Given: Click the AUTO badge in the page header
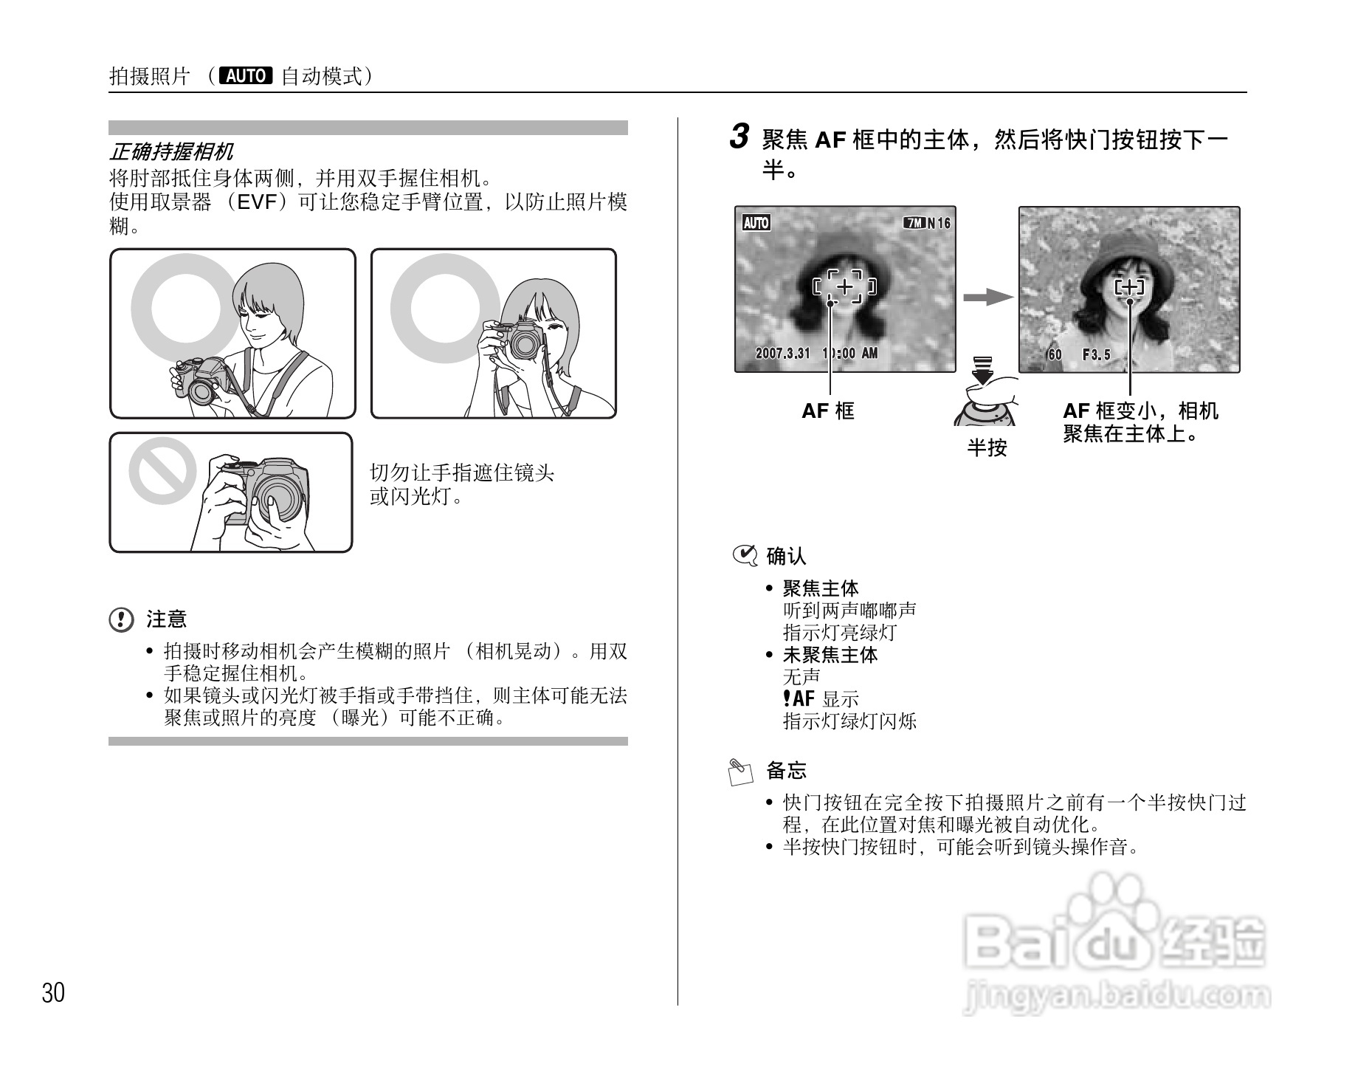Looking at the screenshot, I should click(246, 76).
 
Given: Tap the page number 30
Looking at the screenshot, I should click(53, 993).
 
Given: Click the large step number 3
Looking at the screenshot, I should click(739, 137).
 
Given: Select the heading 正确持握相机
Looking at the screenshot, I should click(171, 152).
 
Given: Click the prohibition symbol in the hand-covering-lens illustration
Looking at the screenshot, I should click(162, 471).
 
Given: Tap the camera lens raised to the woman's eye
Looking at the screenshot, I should click(524, 343).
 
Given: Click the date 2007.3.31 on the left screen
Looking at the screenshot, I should click(782, 353).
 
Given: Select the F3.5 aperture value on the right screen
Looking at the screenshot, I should click(1096, 355).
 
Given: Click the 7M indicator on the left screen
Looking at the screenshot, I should click(914, 223).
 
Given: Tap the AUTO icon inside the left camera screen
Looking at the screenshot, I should click(756, 223).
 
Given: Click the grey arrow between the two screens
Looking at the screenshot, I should click(987, 297).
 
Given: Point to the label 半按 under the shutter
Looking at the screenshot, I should click(987, 447).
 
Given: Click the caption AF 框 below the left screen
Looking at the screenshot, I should click(828, 411).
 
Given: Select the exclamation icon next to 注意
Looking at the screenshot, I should click(121, 619).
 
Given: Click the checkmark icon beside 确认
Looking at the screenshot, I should click(744, 555).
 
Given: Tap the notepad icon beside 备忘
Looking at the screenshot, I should click(740, 772).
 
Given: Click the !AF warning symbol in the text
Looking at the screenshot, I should click(799, 698).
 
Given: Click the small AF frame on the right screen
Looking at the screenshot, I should click(1129, 287).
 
